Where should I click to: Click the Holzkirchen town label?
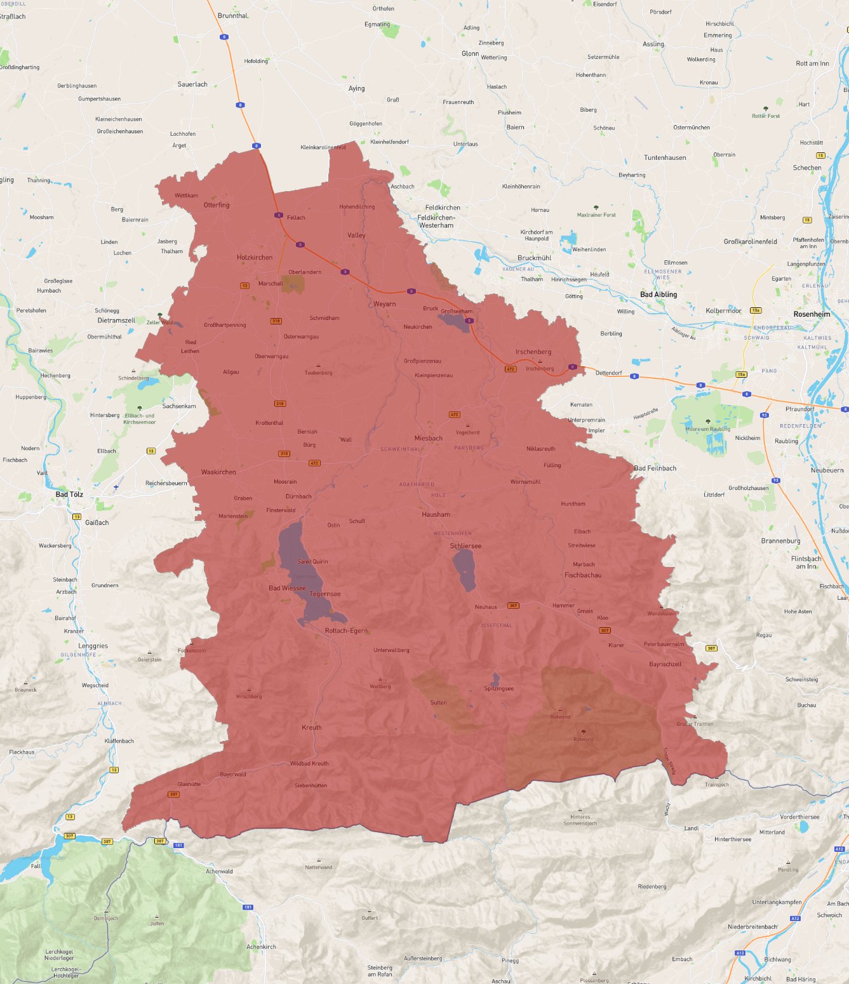[254, 258]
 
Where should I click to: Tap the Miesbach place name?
[428, 438]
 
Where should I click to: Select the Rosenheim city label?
[812, 314]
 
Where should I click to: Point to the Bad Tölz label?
[69, 495]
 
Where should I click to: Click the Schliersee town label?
[465, 546]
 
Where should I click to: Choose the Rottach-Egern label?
[346, 631]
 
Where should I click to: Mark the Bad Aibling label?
[658, 295]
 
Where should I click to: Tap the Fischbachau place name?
[582, 575]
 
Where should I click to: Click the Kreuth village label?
[312, 728]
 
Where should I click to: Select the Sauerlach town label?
[192, 84]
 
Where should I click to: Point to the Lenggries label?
[93, 646]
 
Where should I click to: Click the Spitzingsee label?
[498, 689]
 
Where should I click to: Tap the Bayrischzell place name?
[665, 665]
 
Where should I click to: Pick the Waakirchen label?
[218, 472]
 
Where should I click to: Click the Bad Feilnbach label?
[655, 469]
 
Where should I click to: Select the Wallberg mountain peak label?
[380, 687]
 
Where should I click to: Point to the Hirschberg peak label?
[248, 696]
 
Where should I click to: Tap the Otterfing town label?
[217, 206]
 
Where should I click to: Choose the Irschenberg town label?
[533, 352]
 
